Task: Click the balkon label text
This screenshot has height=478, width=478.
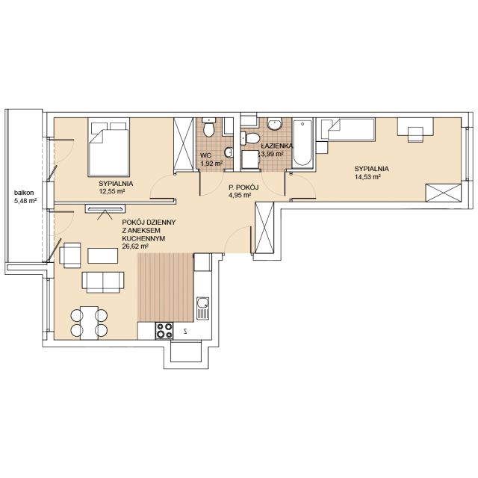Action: (x=24, y=193)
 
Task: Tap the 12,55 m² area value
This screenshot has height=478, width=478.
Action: (x=113, y=191)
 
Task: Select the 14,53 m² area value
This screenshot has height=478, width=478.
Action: (x=368, y=176)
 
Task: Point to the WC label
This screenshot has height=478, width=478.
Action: (x=206, y=155)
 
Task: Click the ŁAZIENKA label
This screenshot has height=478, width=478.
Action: (x=277, y=146)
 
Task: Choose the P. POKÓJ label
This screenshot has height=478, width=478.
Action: (x=243, y=187)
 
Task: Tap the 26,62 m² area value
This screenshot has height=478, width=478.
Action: (x=135, y=246)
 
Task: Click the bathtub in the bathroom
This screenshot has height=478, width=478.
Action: (x=302, y=143)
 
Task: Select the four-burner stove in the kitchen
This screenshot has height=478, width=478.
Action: (x=164, y=331)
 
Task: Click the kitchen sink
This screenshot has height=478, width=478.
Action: (x=202, y=308)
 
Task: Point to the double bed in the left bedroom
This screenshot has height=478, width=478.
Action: (x=109, y=147)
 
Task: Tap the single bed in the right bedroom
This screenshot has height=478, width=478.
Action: (x=348, y=129)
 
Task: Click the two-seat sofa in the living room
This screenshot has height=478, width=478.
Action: (x=103, y=282)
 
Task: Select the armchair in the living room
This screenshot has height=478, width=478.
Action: (x=70, y=255)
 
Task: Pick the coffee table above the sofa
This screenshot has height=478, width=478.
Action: (x=103, y=255)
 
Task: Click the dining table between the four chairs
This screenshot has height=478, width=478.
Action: (x=89, y=323)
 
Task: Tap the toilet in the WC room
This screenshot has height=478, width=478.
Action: (x=209, y=128)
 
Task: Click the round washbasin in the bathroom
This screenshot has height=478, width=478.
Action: (x=275, y=124)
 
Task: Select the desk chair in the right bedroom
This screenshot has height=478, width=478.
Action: (x=415, y=134)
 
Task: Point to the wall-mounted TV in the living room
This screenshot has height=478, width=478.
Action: (x=106, y=209)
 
